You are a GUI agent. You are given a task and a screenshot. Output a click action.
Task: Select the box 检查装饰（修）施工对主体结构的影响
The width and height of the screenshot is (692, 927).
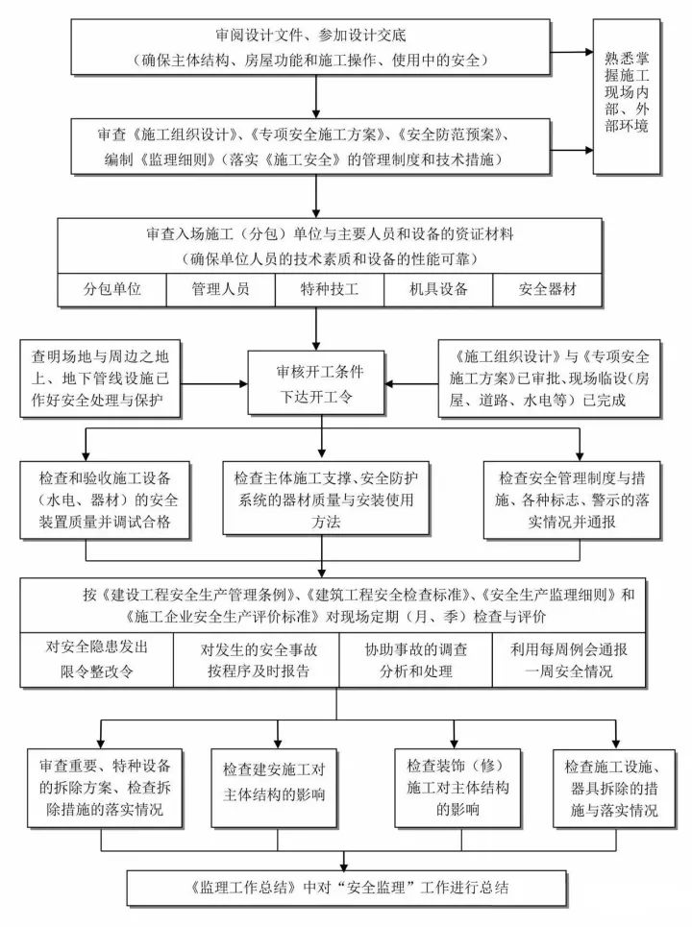click(x=443, y=788)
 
